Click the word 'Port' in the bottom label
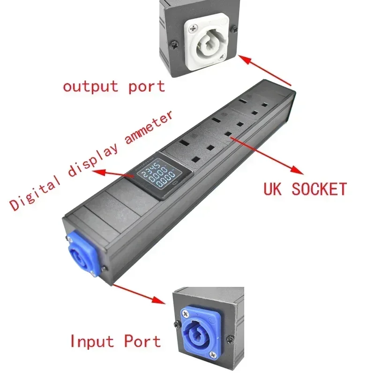[x=142, y=341]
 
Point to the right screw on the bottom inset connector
[x=230, y=339]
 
